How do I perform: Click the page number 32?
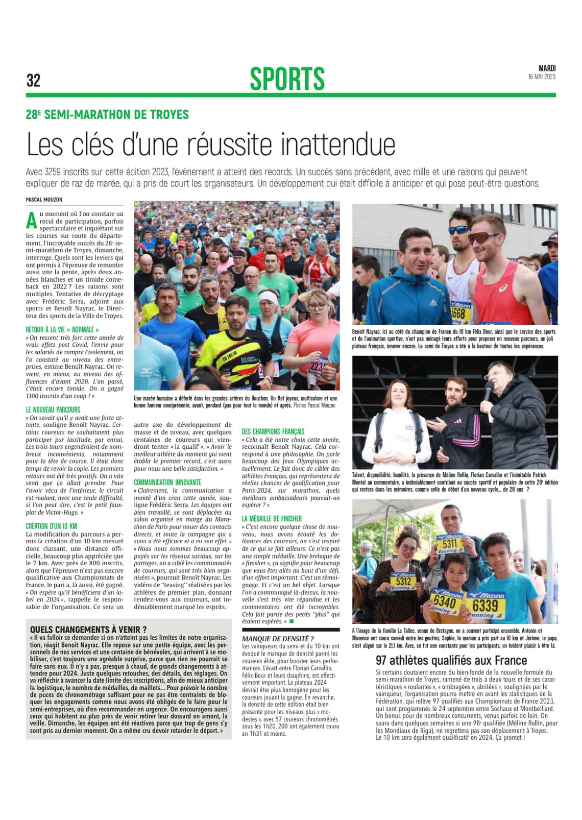33,80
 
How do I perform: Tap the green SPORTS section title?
287,79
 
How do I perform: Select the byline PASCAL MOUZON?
44,199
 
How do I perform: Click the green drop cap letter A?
32,220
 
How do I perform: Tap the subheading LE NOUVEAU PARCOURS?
53,409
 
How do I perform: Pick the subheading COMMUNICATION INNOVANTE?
167,482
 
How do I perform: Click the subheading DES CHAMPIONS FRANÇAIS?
273,431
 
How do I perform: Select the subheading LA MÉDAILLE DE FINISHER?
272,518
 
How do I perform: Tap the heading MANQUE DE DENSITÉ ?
278,639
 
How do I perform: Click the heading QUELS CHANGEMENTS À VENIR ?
88,630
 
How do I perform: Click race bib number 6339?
484,606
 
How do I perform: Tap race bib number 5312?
403,581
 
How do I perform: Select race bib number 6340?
445,602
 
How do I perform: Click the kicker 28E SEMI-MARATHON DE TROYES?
107,114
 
